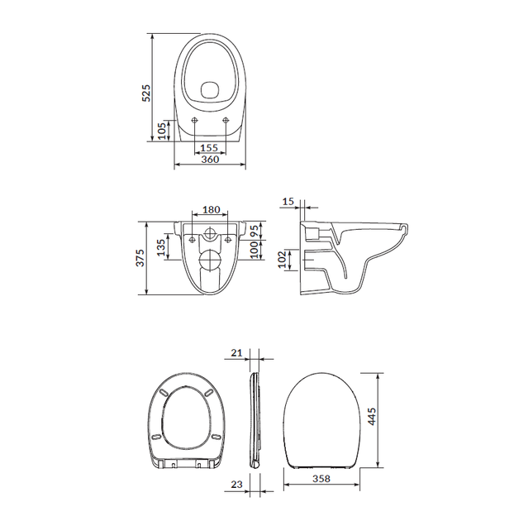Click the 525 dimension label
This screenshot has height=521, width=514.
tap(146, 93)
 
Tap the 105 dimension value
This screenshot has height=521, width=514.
tap(162, 131)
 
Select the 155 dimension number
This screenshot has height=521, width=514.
tap(209, 147)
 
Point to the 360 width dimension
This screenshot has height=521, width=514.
tap(210, 159)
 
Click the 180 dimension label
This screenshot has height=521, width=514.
tap(212, 210)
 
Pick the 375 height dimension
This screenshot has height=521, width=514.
tap(140, 257)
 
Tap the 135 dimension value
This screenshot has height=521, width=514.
tap(161, 247)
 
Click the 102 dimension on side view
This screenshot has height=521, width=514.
tap(282, 260)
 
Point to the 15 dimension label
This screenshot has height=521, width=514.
tap(288, 201)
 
